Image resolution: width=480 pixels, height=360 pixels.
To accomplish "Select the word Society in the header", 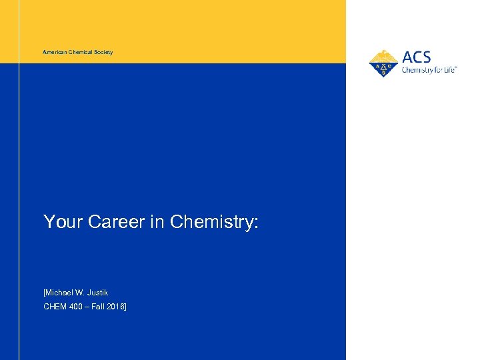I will (103, 52).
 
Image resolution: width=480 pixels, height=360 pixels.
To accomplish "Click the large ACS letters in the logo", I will (417, 57).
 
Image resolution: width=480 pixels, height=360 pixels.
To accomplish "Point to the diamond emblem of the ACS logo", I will (383, 67).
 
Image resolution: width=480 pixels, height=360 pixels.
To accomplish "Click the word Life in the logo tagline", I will (450, 69).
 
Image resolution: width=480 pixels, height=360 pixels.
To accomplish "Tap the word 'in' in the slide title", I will (157, 221).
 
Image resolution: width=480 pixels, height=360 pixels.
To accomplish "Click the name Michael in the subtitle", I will (59, 293).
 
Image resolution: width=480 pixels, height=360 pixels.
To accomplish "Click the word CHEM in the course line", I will (55, 307).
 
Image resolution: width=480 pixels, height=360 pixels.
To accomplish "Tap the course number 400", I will (77, 307).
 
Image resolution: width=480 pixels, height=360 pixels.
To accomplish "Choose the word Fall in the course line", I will (102, 307).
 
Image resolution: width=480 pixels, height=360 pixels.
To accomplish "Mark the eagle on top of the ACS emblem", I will (383, 55).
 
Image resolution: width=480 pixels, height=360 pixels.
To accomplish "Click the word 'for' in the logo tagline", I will (438, 69).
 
